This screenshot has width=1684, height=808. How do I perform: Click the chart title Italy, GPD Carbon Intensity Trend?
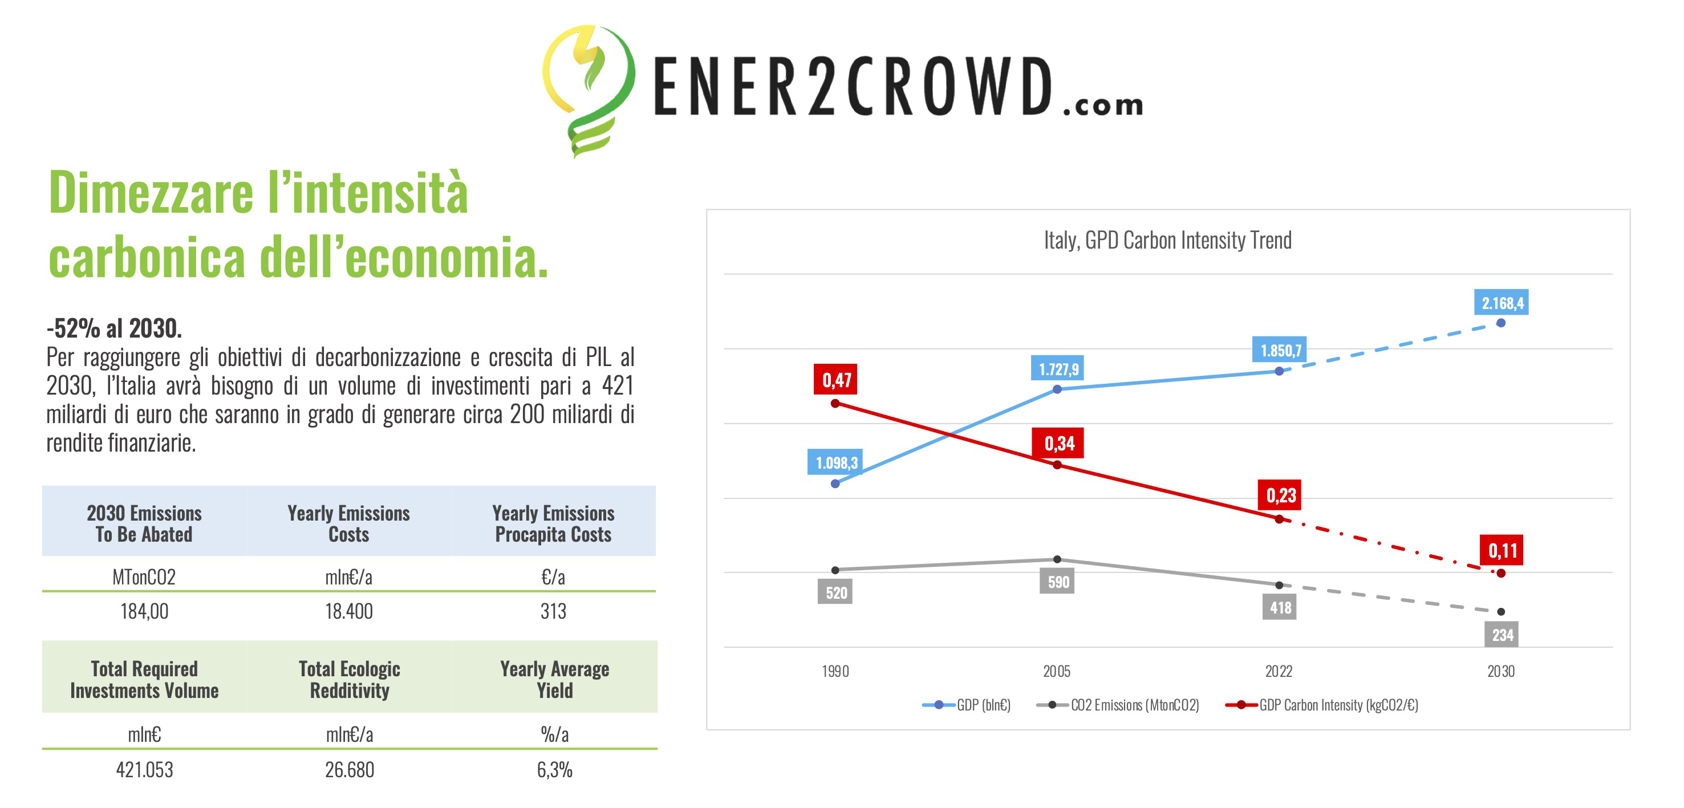pos(1167,240)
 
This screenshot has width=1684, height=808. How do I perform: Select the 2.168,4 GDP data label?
pos(1502,303)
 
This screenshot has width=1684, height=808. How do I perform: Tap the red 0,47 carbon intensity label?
pos(835,380)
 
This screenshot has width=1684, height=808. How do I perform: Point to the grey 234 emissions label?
pos(1502,635)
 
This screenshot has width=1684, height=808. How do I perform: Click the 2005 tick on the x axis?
pos(1057,671)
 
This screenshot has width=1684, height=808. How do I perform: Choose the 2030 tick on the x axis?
pos(1500,671)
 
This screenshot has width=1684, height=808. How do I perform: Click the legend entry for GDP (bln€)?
pos(968,705)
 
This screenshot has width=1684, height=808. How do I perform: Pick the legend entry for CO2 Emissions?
pos(1119,705)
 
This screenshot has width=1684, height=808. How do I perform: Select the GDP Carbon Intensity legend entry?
pos(1322,705)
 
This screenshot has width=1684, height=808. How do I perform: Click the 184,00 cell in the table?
pos(144,611)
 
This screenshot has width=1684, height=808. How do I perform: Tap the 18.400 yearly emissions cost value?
pos(349,611)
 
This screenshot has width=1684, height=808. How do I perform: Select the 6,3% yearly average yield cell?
pos(554,769)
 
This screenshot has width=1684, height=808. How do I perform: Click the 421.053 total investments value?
pos(144,769)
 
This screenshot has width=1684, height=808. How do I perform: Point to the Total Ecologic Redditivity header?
pos(350,679)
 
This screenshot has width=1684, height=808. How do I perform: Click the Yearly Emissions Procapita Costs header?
pos(553,523)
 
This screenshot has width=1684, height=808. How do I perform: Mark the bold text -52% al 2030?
pos(115,328)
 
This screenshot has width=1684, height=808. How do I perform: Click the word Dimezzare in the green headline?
pos(151,193)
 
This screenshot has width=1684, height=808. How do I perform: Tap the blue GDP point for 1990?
pos(835,484)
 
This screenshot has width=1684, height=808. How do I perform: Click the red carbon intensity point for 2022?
pos(1279,519)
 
